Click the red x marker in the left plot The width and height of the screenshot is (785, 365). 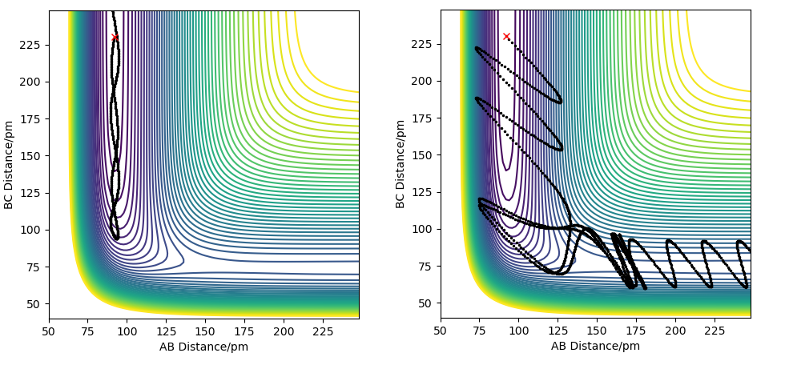tap(115, 37)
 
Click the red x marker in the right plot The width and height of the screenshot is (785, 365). tap(506, 36)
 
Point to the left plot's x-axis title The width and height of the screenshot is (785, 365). tap(203, 347)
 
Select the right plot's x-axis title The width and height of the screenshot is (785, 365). tap(595, 347)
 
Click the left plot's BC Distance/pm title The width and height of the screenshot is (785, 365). tap(10, 164)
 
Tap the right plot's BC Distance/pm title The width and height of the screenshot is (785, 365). tap(401, 164)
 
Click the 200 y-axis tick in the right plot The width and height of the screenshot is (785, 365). tap(425, 81)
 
